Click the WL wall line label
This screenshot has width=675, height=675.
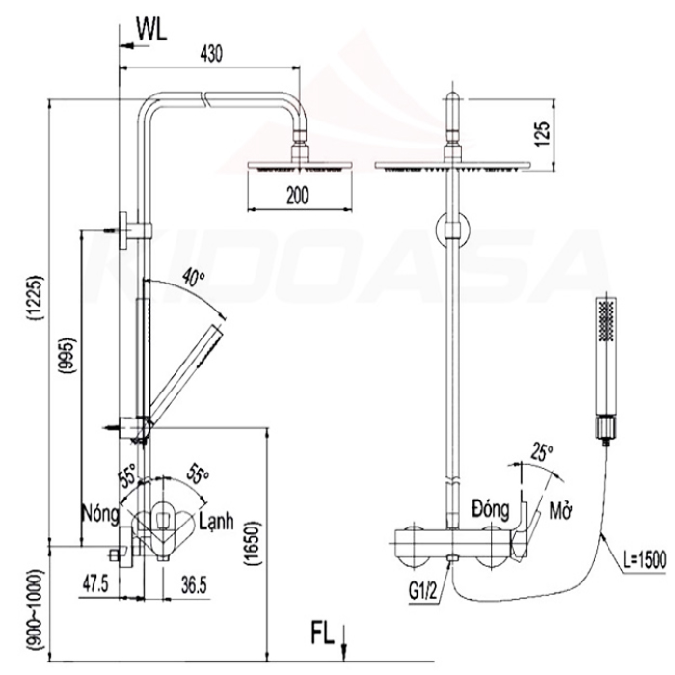(x=151, y=30)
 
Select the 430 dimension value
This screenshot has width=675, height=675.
(x=211, y=54)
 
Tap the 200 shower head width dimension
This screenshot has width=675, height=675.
(x=297, y=196)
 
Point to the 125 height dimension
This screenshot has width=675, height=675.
(x=542, y=134)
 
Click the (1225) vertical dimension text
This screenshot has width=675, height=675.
(x=37, y=297)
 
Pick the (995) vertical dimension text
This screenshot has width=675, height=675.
(x=69, y=356)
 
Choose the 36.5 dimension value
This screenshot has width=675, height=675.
(x=193, y=585)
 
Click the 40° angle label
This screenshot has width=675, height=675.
(x=192, y=277)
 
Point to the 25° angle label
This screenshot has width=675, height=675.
(x=542, y=452)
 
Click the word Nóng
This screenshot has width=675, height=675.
(x=100, y=514)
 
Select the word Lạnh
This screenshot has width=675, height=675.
(x=217, y=521)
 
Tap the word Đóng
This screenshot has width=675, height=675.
(x=490, y=508)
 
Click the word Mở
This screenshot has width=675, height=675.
(x=560, y=511)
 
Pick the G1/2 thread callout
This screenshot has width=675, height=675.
(x=422, y=592)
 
